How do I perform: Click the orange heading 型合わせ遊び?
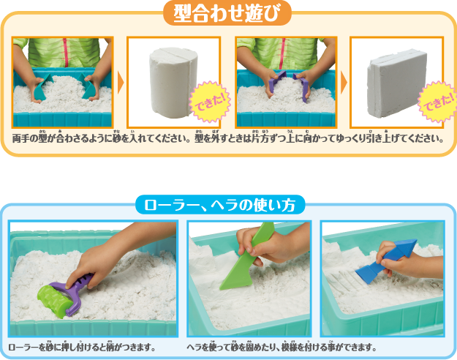point(227,13)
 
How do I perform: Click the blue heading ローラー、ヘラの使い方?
point(220,204)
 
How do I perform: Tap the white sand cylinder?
point(173,83)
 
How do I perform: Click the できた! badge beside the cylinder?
point(210,102)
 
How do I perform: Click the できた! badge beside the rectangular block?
point(438,102)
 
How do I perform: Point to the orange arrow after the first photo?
point(121,83)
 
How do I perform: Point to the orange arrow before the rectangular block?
point(344,83)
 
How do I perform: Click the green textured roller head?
point(56,301)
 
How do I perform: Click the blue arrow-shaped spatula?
point(385,260)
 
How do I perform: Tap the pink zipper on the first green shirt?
point(66,53)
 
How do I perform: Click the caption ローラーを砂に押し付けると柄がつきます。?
point(82,347)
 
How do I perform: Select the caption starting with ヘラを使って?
point(282,347)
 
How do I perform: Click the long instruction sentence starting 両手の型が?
point(228,138)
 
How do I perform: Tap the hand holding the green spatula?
point(264,245)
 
